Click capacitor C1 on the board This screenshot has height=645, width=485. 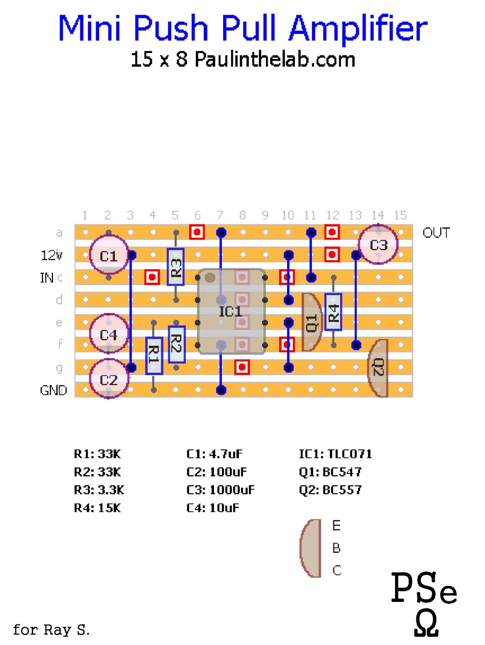click(x=109, y=256)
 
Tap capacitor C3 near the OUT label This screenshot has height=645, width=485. click(x=378, y=245)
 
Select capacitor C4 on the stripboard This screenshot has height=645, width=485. click(x=109, y=334)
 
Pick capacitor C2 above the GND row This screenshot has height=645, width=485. click(x=109, y=379)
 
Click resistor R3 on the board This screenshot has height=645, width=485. click(x=176, y=267)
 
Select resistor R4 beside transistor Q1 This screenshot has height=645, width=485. click(x=333, y=312)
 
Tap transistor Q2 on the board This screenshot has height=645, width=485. click(x=378, y=368)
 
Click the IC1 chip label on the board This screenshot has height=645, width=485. click(x=230, y=311)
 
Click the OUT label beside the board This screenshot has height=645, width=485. click(x=436, y=233)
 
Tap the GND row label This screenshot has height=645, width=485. click(x=53, y=390)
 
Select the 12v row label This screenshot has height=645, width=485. click(x=52, y=255)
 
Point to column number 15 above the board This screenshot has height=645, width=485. click(x=400, y=215)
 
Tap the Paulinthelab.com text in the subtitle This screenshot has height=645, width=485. click(x=275, y=60)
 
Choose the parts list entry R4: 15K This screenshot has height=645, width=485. click(x=97, y=508)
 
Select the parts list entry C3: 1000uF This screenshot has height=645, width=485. click(x=220, y=490)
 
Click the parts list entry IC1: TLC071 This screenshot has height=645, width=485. click(x=335, y=454)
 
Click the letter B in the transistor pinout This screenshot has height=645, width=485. click(x=336, y=548)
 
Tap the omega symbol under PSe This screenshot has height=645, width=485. click(x=426, y=622)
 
